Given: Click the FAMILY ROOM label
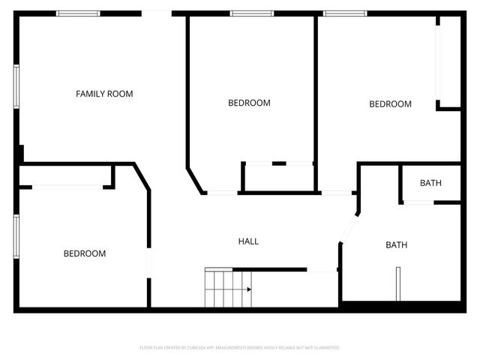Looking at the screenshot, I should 104,94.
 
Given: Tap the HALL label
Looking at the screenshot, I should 248,241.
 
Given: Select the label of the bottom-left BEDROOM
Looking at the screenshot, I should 84,253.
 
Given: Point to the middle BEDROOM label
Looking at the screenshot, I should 249,103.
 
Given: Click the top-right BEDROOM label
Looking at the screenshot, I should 390,104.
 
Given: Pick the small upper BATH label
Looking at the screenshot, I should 430,183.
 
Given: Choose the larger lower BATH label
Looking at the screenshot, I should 397,245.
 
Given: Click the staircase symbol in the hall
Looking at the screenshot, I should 225,288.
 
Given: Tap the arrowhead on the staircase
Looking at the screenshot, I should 248,288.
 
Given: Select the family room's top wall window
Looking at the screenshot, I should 78,13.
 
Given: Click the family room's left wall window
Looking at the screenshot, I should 16,87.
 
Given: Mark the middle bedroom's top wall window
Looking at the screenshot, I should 251,13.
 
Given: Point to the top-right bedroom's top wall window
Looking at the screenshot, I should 345,13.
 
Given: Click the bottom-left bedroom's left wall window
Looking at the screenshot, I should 16,236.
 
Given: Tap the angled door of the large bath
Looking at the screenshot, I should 349,227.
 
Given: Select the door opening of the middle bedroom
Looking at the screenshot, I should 222,193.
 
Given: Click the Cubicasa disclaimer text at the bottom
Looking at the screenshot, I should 240,348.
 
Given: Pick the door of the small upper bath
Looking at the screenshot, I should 418,202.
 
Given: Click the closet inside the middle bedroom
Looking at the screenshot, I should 278,178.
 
